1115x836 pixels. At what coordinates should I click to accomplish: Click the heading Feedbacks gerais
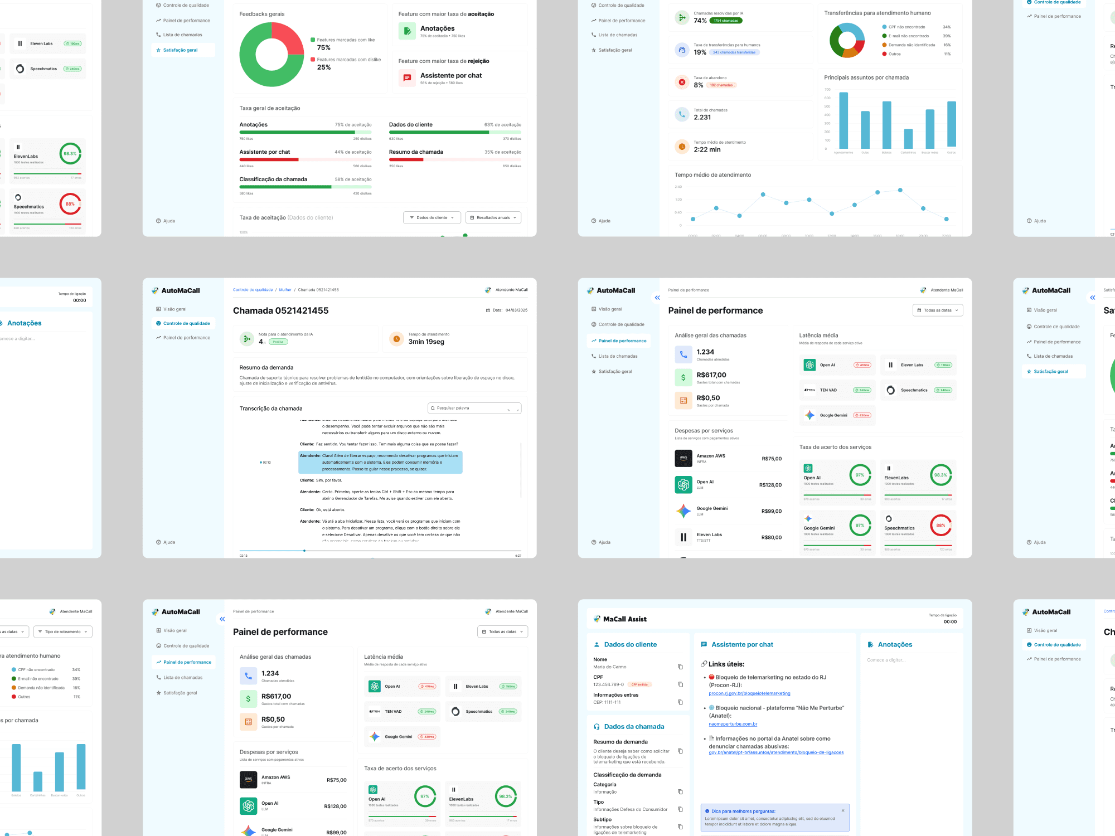coord(261,14)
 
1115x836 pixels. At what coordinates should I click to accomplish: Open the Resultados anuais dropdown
coord(493,217)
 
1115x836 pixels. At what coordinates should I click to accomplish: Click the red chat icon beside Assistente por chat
coord(407,78)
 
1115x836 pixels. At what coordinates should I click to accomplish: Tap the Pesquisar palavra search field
coord(474,408)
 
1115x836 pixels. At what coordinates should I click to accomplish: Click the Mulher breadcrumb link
coord(285,290)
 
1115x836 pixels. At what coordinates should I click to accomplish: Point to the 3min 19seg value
coord(426,342)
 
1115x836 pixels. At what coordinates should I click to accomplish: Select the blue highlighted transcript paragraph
coord(380,462)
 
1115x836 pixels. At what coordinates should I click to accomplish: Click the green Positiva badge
coord(278,342)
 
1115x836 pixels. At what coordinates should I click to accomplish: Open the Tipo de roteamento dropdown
coord(62,631)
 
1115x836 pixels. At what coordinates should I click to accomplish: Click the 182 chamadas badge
coord(721,85)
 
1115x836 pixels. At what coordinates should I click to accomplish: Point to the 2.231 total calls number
coord(702,118)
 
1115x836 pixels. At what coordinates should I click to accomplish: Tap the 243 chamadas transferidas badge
coord(734,52)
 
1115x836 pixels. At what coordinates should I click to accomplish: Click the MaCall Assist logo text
coord(624,619)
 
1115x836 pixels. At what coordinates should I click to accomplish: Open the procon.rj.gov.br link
coord(749,693)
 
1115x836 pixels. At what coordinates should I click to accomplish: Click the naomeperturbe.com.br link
coord(733,724)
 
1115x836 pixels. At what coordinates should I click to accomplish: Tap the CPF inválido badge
coord(639,684)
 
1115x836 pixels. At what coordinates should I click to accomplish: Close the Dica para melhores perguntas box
coord(842,810)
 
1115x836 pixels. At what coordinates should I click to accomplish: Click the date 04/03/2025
coord(516,310)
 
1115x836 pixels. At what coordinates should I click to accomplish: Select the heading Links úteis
coord(726,664)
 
